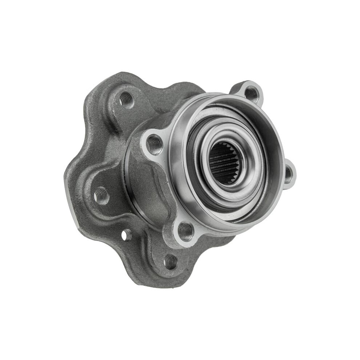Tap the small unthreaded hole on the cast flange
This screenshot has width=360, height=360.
click(126, 235)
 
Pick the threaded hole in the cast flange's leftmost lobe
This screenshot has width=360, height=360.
click(101, 196)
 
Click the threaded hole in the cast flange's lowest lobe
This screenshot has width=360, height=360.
click(170, 261)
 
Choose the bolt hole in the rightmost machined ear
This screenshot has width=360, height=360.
click(288, 175)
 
